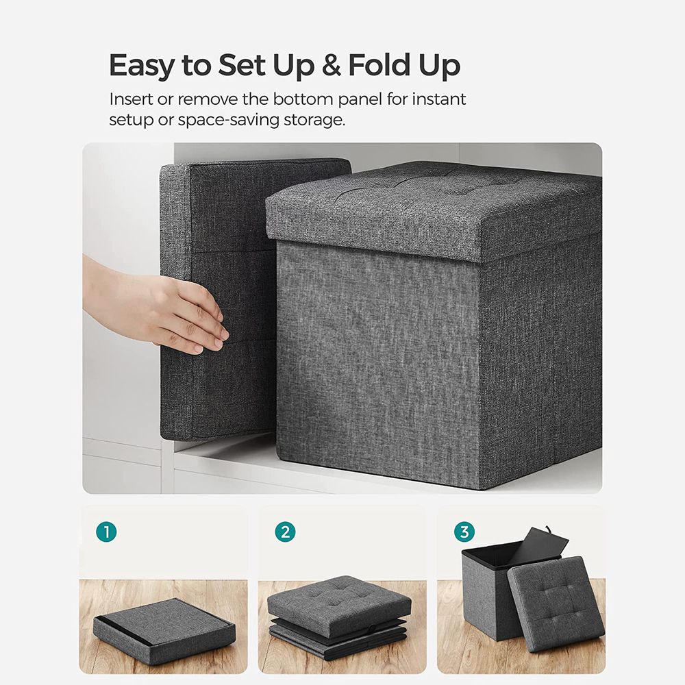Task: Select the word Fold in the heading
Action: [379, 66]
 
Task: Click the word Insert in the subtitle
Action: [131, 99]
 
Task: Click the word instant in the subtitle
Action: [439, 99]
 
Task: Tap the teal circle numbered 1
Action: [106, 532]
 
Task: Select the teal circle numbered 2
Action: [285, 532]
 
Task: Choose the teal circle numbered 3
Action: [464, 532]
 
